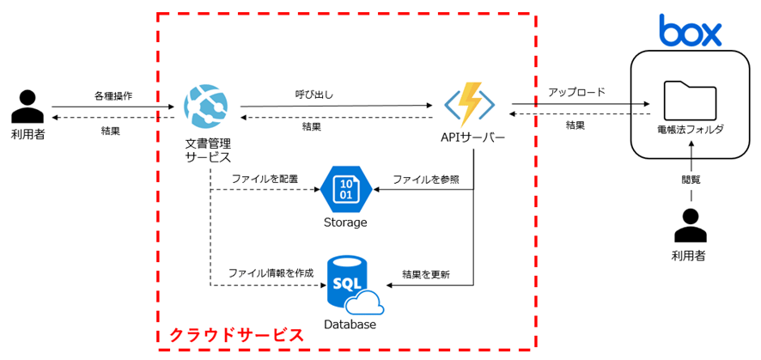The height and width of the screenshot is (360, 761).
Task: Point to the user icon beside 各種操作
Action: coord(27,107)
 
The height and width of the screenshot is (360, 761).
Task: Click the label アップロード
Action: coord(576,92)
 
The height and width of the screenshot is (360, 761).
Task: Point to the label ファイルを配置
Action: coord(265,179)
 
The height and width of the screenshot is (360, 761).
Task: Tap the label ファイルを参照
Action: coord(426,179)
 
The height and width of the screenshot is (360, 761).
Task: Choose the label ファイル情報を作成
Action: coord(271,272)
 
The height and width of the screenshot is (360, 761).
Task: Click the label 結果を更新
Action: coord(426,274)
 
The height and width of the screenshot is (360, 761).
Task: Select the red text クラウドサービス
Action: coord(236,334)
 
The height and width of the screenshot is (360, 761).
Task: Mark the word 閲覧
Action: coord(691,180)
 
